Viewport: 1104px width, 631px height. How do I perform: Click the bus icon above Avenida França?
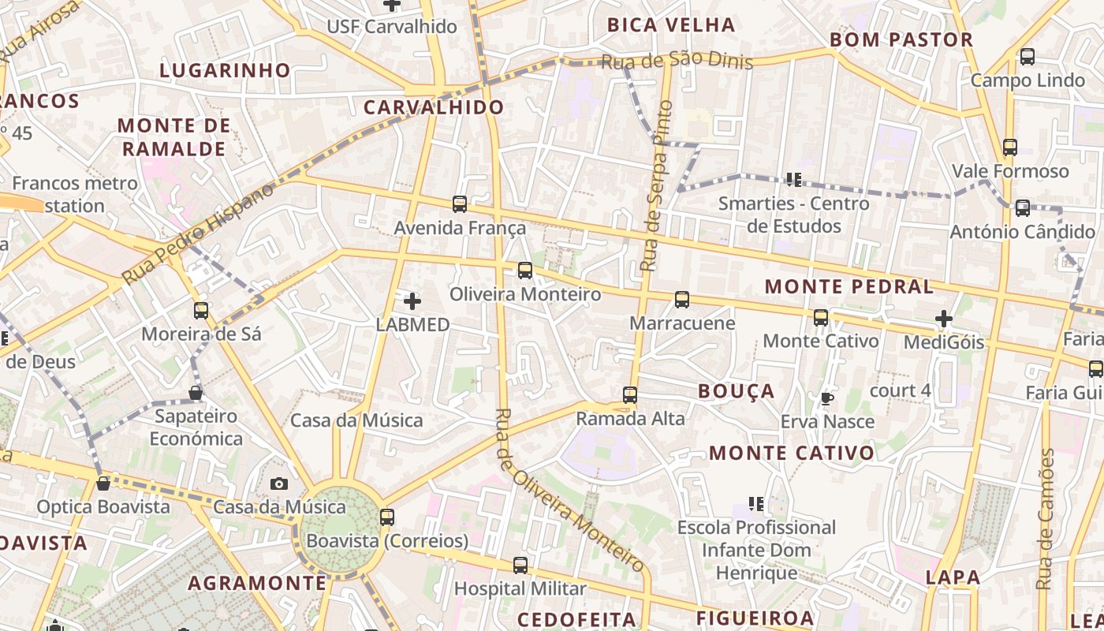460,204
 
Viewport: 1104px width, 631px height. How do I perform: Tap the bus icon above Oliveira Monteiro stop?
525,271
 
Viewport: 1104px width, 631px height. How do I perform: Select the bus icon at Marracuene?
682,300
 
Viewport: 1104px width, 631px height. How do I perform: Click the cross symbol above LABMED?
412,301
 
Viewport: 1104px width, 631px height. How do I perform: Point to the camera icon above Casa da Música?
279,484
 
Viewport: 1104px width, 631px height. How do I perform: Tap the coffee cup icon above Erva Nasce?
826,398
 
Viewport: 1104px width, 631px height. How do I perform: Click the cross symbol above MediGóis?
944,319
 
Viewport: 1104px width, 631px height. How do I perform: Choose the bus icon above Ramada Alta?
630,394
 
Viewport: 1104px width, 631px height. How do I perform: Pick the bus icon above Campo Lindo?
1028,57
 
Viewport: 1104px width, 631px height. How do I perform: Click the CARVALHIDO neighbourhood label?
433,107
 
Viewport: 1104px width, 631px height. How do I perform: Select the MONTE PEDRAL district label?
849,286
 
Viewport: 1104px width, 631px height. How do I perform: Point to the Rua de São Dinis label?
677,62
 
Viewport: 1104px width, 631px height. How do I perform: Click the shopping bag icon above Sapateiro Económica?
196,392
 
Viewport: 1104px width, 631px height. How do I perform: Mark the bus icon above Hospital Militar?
520,565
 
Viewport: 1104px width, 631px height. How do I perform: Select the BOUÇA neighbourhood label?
737,391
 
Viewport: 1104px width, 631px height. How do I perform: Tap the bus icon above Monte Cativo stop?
821,318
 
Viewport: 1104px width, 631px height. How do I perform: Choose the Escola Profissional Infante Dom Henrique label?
756,550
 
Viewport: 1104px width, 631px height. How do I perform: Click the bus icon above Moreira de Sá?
201,310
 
